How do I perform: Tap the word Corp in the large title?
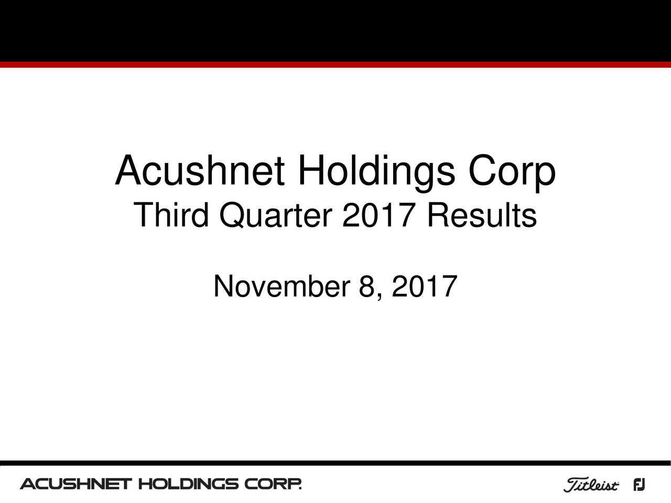pyautogui.click(x=512, y=172)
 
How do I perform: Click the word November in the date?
pyautogui.click(x=282, y=287)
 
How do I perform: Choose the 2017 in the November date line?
pyautogui.click(x=423, y=287)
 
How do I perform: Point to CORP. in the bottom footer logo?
pyautogui.click(x=274, y=484)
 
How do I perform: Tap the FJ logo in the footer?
pyautogui.click(x=639, y=485)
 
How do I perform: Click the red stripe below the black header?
pyautogui.click(x=335, y=64)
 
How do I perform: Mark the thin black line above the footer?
pyautogui.click(x=335, y=463)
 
